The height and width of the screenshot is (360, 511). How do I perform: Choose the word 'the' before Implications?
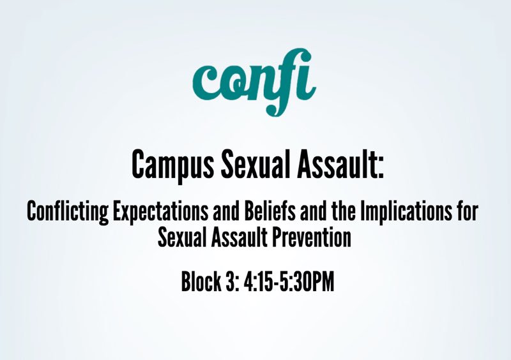(345, 212)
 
